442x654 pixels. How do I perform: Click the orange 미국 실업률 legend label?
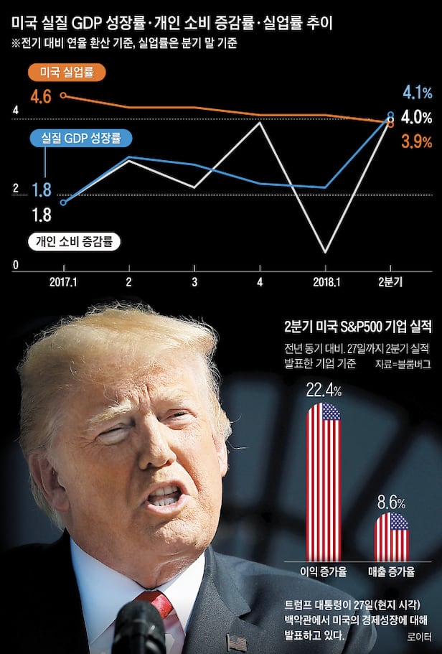click(x=66, y=73)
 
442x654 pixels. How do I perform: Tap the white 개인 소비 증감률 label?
click(x=74, y=241)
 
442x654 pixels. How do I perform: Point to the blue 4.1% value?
click(x=416, y=92)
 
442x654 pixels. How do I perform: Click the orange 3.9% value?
click(x=416, y=141)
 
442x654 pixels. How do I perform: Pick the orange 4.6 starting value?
click(x=42, y=96)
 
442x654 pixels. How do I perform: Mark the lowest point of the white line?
click(x=326, y=252)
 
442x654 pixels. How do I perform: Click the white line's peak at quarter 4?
click(x=260, y=123)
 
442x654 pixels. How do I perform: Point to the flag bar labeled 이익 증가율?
click(x=324, y=481)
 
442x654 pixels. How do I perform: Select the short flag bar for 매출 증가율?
click(x=391, y=536)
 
